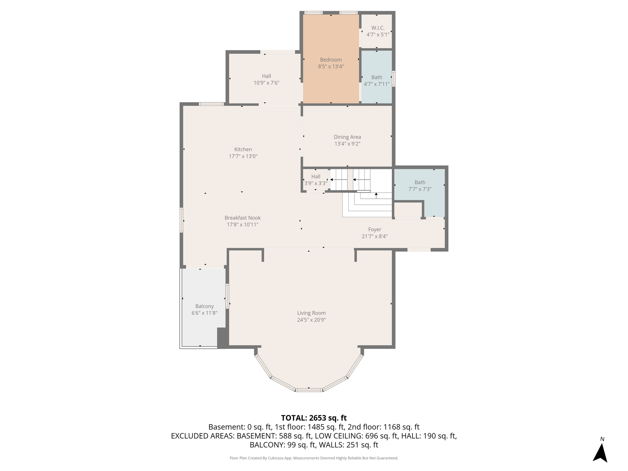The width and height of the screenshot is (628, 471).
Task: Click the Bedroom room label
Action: (331, 60)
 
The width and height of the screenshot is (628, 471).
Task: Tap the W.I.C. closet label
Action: (378, 28)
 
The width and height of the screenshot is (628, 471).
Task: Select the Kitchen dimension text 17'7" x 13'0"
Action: (243, 156)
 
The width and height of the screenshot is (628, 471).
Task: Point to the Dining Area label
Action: (347, 137)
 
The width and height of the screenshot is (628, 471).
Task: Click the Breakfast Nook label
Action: (243, 218)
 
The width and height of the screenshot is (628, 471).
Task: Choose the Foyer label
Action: (375, 230)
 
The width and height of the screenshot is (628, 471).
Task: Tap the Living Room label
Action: (312, 313)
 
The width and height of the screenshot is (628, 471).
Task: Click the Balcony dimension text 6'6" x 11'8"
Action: (205, 313)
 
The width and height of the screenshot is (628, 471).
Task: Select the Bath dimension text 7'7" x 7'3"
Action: (420, 189)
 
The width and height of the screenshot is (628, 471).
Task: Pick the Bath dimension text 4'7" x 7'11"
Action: (377, 84)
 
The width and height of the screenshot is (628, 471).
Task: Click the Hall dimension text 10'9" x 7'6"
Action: (266, 83)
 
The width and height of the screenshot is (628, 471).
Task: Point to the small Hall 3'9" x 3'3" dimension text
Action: (316, 183)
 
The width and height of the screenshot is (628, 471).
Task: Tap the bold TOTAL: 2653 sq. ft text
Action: (314, 418)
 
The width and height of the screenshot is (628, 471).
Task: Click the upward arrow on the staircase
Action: (376, 195)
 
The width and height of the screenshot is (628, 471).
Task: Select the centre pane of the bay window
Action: (309, 390)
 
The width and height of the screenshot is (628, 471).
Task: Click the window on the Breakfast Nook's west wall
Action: (182, 220)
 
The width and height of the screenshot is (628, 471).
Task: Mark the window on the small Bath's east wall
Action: (394, 79)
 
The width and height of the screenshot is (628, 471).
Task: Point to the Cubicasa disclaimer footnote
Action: (314, 458)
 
